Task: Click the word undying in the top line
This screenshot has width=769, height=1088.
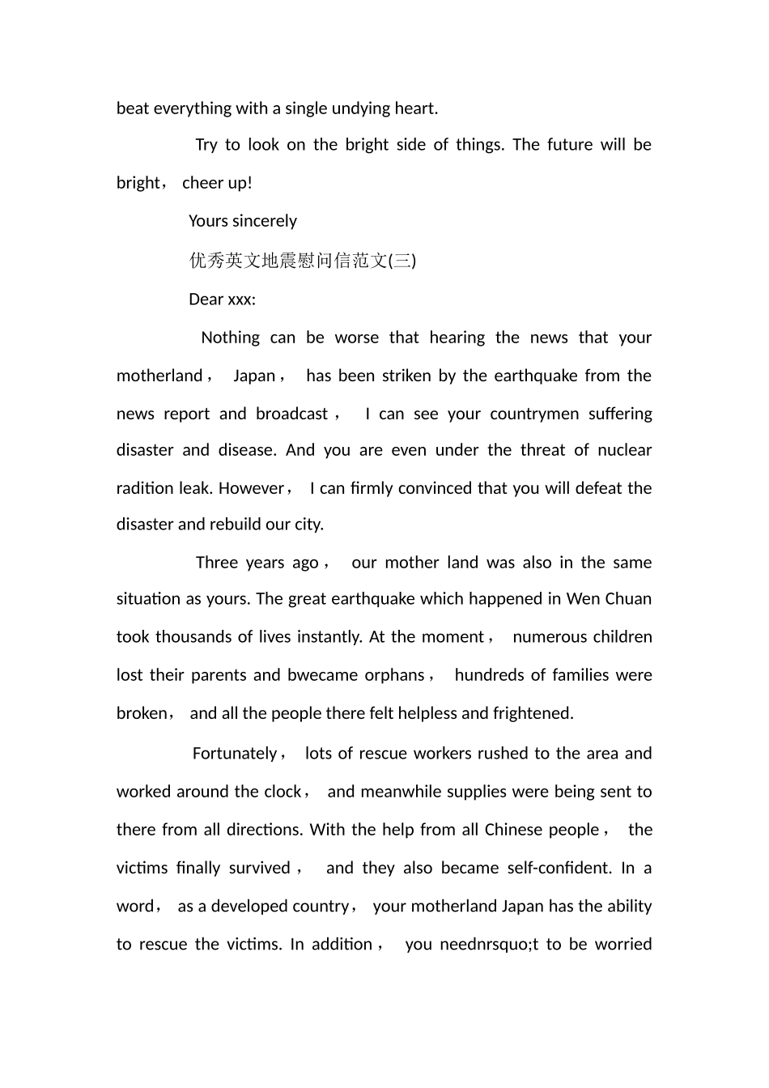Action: pos(361,108)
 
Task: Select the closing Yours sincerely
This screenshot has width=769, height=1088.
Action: pos(243,221)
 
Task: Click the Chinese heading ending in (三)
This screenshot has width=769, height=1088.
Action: pos(303,261)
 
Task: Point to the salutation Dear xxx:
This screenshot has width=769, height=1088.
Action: pos(222,300)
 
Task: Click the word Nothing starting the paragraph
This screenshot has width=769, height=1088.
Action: pos(231,338)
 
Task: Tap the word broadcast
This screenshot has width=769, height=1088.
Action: pos(292,414)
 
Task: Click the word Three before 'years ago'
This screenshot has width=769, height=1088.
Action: pos(216,563)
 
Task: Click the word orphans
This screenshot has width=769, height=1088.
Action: pos(394,675)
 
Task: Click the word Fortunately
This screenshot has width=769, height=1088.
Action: pos(235,754)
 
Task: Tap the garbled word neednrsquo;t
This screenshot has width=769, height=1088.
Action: pos(489,944)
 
